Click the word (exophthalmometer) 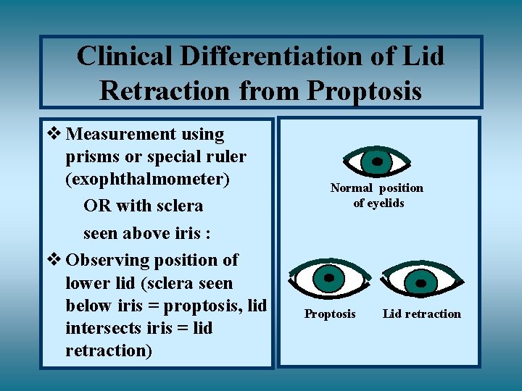coord(147,179)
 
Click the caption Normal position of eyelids coord(377,195)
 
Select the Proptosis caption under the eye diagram coord(330,314)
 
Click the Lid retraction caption coord(421,314)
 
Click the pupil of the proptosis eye coord(329,277)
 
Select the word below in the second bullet coord(85,306)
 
